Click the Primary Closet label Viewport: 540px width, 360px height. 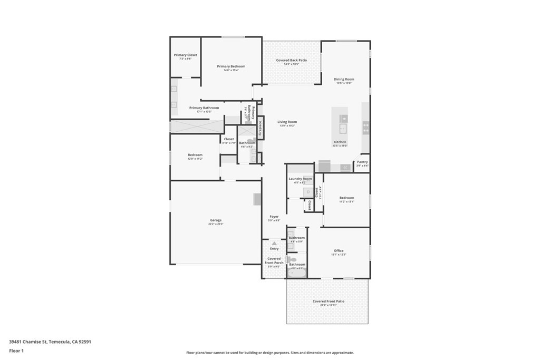pyautogui.click(x=186, y=55)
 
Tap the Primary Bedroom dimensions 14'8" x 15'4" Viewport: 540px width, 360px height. pyautogui.click(x=231, y=70)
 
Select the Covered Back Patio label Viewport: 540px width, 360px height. pyautogui.click(x=292, y=60)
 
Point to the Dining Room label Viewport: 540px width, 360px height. pyautogui.click(x=344, y=79)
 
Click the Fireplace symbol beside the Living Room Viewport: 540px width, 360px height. pyautogui.click(x=259, y=129)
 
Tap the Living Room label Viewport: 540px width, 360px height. pyautogui.click(x=287, y=122)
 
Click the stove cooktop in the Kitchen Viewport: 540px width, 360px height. pyautogui.click(x=365, y=127)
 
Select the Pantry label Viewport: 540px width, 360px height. pyautogui.click(x=362, y=162)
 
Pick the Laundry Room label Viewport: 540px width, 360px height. pyautogui.click(x=300, y=179)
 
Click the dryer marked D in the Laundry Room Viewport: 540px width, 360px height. pyautogui.click(x=308, y=192)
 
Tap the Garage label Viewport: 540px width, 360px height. pyautogui.click(x=216, y=220)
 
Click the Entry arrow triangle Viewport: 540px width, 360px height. pyautogui.click(x=274, y=243)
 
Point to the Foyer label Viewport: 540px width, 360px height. pyautogui.click(x=274, y=217)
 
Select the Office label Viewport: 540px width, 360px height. pyautogui.click(x=339, y=250)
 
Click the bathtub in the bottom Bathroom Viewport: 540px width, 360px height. pyautogui.click(x=296, y=273)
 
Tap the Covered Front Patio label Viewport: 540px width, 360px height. pyautogui.click(x=328, y=301)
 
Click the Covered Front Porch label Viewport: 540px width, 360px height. pyautogui.click(x=274, y=260)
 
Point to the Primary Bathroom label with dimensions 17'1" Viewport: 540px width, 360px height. pyautogui.click(x=204, y=108)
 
